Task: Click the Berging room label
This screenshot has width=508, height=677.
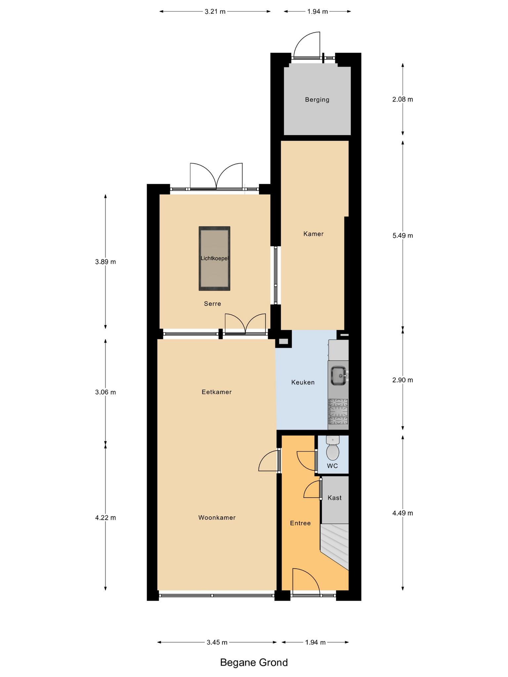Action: point(317,100)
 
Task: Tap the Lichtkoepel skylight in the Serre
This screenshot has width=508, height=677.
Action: point(214,259)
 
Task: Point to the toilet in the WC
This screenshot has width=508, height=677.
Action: point(333,448)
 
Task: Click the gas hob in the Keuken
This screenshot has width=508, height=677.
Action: point(338,412)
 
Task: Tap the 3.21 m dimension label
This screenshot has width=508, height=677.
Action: point(215,12)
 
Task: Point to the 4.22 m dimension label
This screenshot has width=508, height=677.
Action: point(106,518)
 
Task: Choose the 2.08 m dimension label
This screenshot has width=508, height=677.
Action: point(402,99)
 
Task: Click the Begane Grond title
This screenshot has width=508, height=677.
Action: point(254,662)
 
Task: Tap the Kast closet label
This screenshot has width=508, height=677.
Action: point(334,498)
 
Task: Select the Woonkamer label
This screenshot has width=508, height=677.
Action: point(217,518)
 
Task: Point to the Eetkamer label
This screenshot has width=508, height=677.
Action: point(217,392)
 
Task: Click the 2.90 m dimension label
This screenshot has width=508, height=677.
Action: point(402,380)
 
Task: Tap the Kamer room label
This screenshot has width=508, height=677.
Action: point(313,234)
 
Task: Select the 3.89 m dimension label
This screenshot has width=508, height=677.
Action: point(106,262)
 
